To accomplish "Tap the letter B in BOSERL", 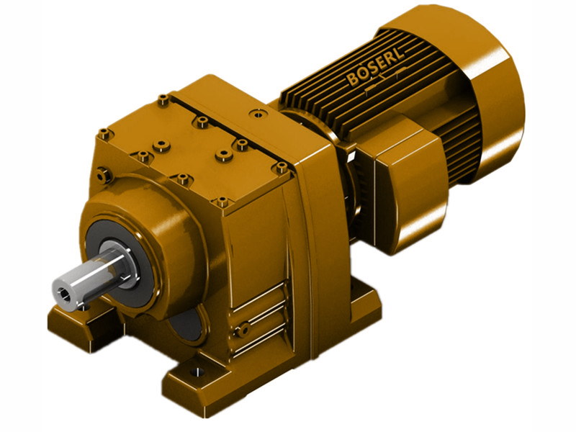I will (x=353, y=80).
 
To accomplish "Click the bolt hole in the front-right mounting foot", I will (x=193, y=374).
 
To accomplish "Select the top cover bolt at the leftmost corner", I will (x=104, y=132).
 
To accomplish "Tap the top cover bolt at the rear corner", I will (x=164, y=98).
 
